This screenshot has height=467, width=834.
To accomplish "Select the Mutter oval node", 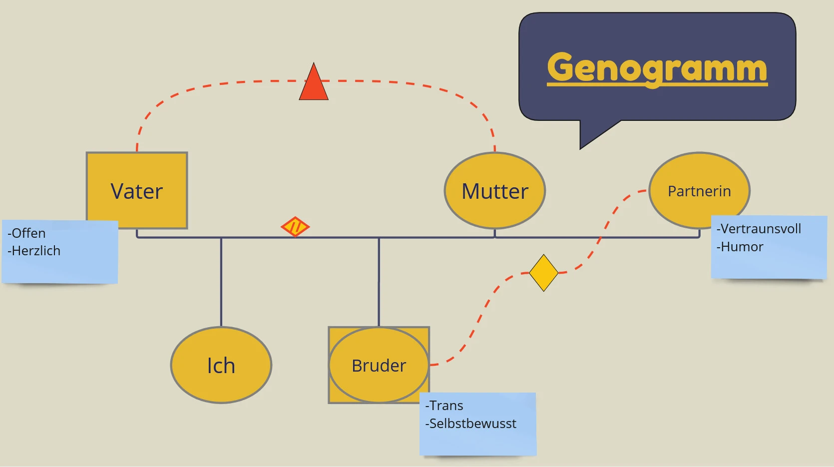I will (x=494, y=191).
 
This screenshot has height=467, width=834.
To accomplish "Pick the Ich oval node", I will (x=221, y=365).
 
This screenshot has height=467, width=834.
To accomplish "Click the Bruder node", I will (x=379, y=365).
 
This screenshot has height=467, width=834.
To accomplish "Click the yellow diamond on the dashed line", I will (x=543, y=273).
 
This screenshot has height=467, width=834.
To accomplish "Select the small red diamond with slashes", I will (x=295, y=227).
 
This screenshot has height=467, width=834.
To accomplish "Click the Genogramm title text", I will (x=657, y=68).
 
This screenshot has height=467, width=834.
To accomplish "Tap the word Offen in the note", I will (x=28, y=233).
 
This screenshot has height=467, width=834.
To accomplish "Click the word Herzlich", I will (x=36, y=251).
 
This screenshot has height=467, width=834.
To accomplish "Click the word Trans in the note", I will (x=446, y=406).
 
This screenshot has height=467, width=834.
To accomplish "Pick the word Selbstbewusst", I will (x=472, y=424).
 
